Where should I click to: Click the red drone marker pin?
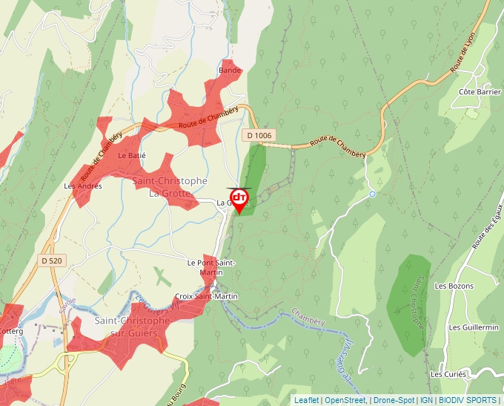point(239,200)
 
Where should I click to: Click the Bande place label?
point(230,71)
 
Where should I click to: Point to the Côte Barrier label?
point(480,91)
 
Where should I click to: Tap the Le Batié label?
point(132,156)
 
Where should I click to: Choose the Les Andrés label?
point(83,186)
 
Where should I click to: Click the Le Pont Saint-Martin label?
point(211,267)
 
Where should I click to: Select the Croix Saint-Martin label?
point(206,296)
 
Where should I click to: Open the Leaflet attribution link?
point(306,400)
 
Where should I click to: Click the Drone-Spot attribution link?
point(394,400)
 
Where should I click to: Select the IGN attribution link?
point(426,400)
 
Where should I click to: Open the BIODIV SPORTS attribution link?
point(468,400)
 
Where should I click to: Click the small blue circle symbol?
point(373,194)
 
